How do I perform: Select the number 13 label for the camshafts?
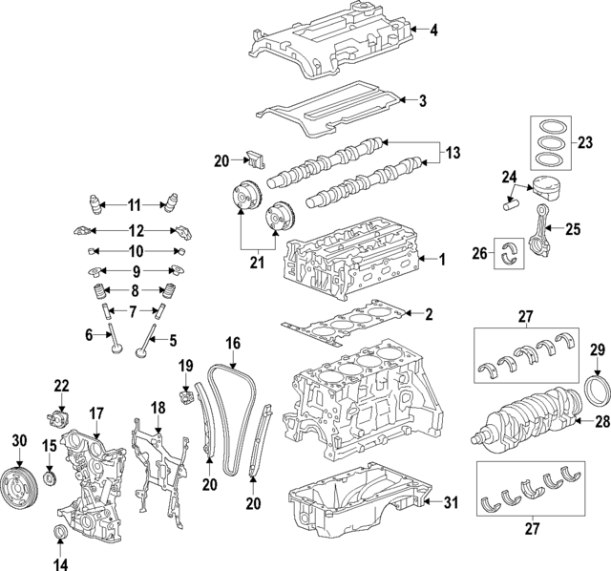452,152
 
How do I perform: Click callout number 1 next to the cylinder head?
441,258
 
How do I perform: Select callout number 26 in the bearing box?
481,253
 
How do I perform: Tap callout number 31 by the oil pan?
451,501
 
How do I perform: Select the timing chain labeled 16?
229,420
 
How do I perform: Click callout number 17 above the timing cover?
95,412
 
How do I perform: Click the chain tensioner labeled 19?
185,392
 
